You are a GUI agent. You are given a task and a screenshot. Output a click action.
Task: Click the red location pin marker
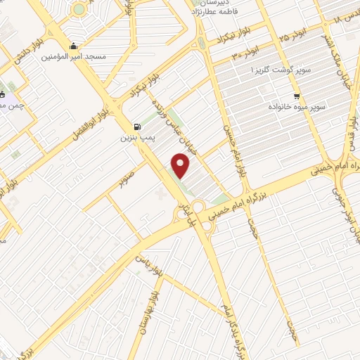tap(181, 166)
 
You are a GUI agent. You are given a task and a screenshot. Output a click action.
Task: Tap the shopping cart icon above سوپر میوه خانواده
tap(298, 96)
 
